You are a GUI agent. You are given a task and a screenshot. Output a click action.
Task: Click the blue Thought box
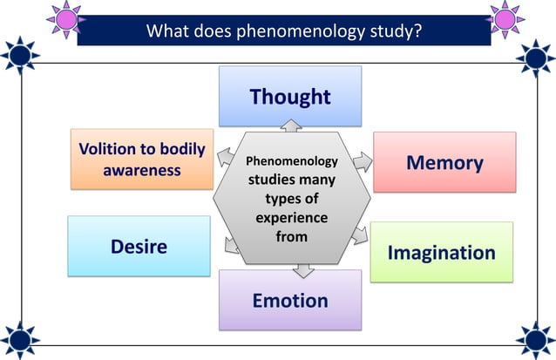[x=290, y=96]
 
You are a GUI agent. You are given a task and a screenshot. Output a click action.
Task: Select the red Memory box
[x=444, y=162]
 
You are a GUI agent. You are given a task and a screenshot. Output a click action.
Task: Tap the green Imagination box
[x=441, y=252]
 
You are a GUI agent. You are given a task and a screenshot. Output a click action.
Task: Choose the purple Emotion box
[x=290, y=300]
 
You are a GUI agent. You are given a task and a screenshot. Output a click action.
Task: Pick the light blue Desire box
[x=139, y=246]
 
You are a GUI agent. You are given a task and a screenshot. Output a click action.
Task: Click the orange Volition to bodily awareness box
[x=142, y=159]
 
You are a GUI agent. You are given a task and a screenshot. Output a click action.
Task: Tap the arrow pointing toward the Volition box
[x=224, y=157]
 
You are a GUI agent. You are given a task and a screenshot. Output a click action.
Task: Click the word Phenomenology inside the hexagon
[x=291, y=162]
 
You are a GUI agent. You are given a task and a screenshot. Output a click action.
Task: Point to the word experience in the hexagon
[x=291, y=217]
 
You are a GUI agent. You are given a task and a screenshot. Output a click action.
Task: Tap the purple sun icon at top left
[x=64, y=17]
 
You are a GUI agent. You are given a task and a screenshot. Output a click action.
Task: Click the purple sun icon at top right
[x=504, y=17]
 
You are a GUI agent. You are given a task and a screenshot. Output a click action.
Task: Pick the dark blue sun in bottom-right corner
[x=535, y=338]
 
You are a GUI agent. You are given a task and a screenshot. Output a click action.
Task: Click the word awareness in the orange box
[x=142, y=169]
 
